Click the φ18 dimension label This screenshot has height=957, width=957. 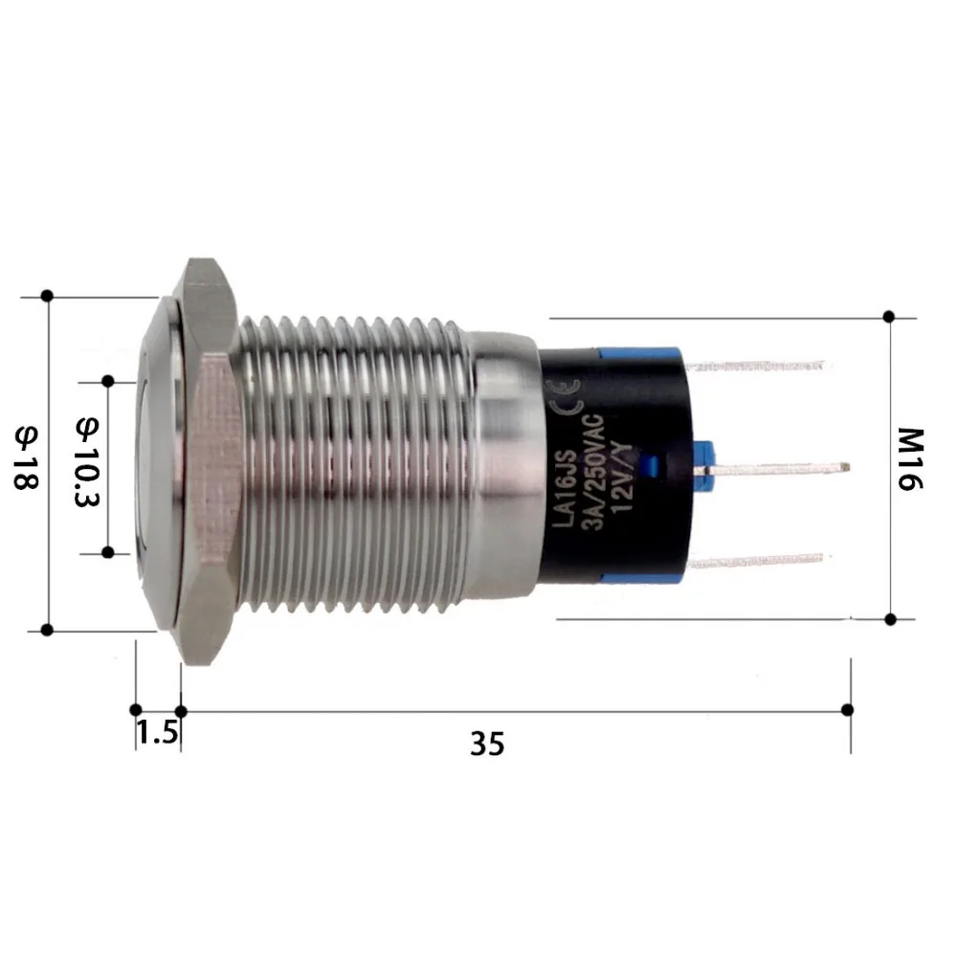point(26,458)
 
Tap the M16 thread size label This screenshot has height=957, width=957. point(910,458)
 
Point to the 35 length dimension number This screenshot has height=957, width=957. point(486,743)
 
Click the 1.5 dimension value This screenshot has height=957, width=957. point(157,733)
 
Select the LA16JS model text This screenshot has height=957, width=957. point(565,483)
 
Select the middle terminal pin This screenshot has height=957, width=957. point(775,468)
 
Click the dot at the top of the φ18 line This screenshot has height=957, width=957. point(47,295)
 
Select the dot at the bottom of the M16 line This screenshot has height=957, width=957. point(890,619)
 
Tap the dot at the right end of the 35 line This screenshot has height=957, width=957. point(847,709)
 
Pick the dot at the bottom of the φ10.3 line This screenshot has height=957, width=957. point(108,552)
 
